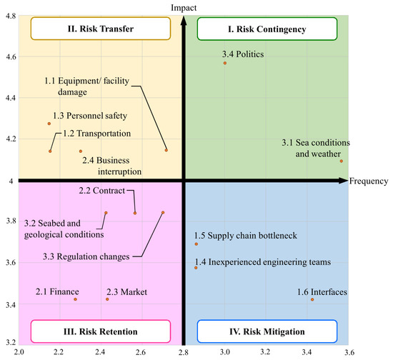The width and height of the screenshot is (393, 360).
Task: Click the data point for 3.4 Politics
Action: click(x=225, y=63)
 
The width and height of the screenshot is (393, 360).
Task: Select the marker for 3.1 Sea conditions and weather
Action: click(x=342, y=161)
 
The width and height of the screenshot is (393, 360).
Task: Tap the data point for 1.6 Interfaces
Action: click(x=312, y=299)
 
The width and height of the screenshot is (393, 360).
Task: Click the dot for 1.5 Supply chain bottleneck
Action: click(x=196, y=244)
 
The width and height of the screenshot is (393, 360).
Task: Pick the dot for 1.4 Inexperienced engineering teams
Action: click(x=196, y=268)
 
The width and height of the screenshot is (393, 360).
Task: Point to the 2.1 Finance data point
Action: click(x=75, y=299)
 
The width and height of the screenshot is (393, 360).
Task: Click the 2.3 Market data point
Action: click(x=107, y=299)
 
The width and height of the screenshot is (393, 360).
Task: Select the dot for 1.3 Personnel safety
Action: click(x=49, y=124)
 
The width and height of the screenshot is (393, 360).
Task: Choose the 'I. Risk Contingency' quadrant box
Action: click(x=266, y=29)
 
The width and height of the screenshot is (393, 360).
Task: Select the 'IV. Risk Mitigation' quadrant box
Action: click(x=266, y=331)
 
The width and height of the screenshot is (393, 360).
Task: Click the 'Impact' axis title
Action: click(x=184, y=7)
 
